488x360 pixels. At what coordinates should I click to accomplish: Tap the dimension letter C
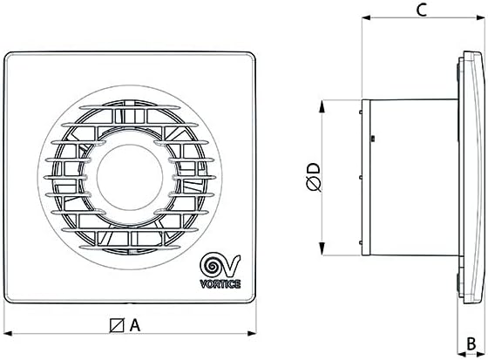420,10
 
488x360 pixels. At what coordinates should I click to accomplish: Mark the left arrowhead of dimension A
7,332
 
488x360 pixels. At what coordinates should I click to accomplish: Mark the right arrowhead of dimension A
260,332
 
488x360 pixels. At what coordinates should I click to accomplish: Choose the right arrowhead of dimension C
478,17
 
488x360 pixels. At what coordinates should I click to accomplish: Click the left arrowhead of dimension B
460,331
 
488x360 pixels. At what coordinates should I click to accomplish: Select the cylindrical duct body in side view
410,174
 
